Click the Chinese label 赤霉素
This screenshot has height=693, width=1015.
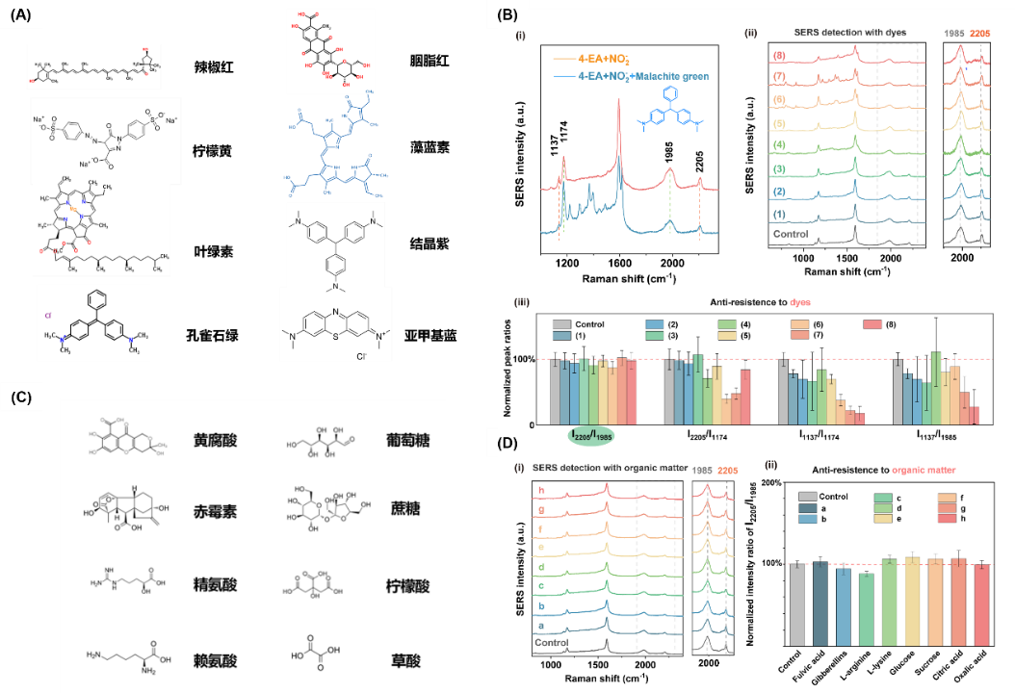pyautogui.click(x=214, y=513)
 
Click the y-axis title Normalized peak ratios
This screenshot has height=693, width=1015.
pyautogui.click(x=520, y=367)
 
